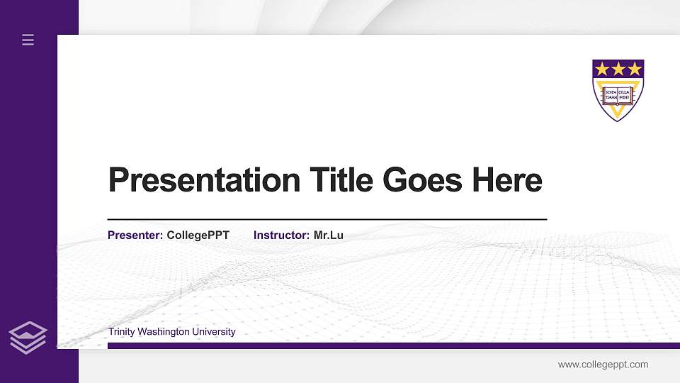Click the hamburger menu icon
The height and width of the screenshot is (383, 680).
click(28, 40)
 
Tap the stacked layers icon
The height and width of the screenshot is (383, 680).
click(28, 337)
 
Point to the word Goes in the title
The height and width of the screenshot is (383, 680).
click(422, 180)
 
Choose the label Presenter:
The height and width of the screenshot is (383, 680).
click(135, 235)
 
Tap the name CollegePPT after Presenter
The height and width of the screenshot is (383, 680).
click(198, 235)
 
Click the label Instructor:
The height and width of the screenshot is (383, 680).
click(282, 235)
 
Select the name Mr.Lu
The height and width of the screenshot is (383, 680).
click(329, 235)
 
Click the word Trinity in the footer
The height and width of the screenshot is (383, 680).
click(122, 332)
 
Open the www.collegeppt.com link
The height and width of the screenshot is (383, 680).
click(603, 365)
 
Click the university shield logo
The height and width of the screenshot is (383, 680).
click(618, 90)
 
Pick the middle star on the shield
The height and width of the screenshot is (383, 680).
click(618, 69)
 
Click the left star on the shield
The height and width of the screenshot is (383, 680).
click(602, 69)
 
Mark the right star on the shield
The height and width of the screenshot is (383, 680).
click(635, 69)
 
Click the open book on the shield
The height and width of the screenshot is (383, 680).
click(618, 94)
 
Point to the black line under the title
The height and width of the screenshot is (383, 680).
click(327, 220)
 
